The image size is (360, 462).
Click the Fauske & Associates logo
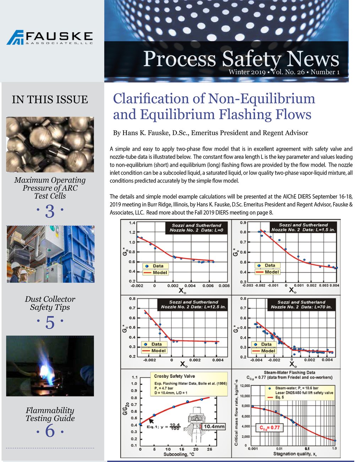(x=50, y=37)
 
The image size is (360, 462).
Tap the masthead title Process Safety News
(x=241, y=59)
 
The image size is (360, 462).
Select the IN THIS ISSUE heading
(x=50, y=100)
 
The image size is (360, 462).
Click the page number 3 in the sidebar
(x=50, y=211)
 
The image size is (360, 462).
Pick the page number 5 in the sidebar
(x=50, y=322)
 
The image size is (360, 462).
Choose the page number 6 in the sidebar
(x=50, y=431)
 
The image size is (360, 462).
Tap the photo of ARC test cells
(x=50, y=144)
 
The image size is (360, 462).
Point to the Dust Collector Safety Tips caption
(x=50, y=303)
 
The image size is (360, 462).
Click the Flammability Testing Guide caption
(x=50, y=414)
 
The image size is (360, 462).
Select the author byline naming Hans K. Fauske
(x=210, y=133)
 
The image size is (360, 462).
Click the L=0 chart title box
(x=196, y=228)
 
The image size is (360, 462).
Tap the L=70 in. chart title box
(x=301, y=305)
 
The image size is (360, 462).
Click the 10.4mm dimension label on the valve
(x=214, y=426)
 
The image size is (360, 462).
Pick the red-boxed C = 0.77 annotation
(x=269, y=428)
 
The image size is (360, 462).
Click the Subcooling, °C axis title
(x=179, y=455)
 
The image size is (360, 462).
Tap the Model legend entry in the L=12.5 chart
(x=158, y=351)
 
